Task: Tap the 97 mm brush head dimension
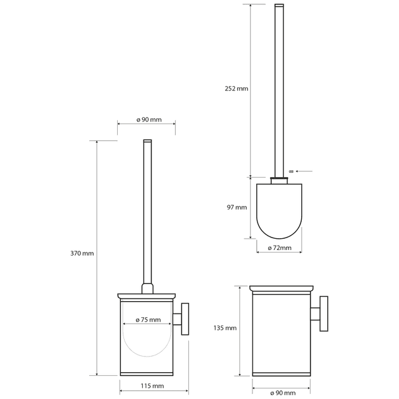click(237, 208)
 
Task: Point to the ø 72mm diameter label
click(279, 248)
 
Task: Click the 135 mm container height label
click(225, 328)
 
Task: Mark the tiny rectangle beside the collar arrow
click(291, 170)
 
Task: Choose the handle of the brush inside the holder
click(147, 212)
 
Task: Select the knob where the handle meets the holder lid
click(147, 289)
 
